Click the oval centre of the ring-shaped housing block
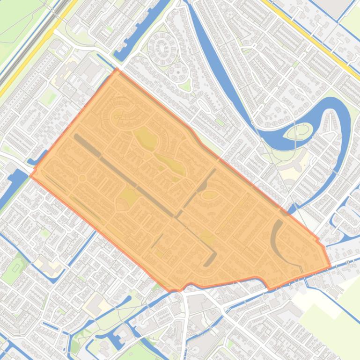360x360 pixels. pos(162,47)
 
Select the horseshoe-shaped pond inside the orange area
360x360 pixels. pos(276,238)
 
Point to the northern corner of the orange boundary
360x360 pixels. pos(117,70)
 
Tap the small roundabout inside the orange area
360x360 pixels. pos(82,178)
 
